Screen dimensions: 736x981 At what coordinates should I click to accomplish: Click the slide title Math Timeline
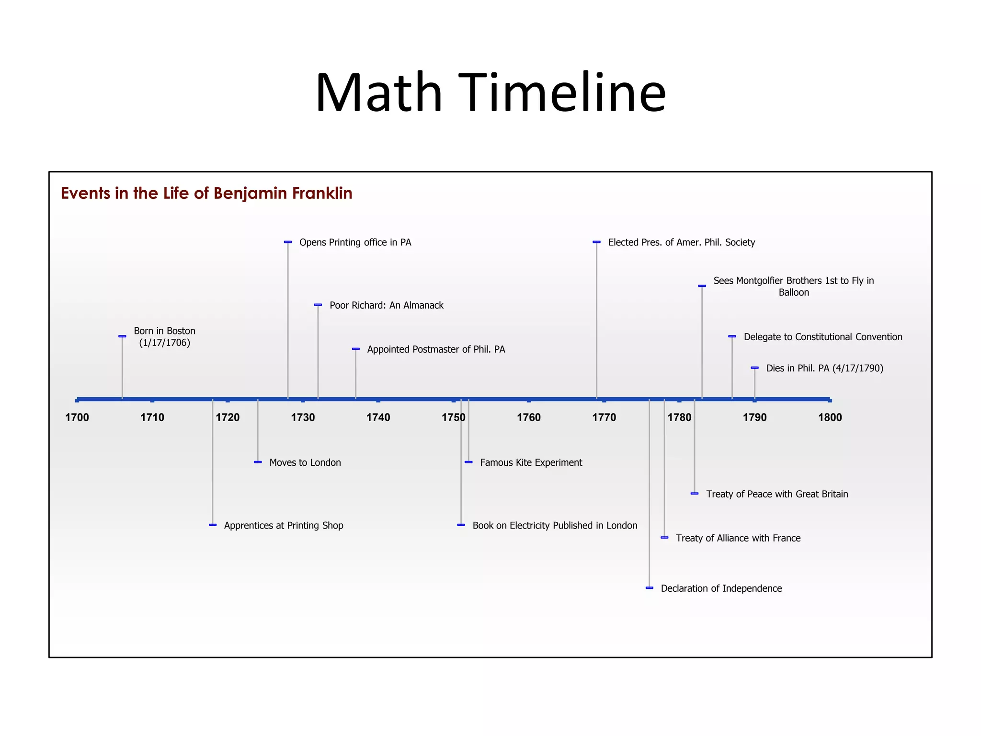pos(490,92)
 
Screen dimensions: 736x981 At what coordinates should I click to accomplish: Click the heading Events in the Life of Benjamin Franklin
pos(206,193)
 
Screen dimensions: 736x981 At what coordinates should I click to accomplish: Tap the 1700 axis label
pos(77,417)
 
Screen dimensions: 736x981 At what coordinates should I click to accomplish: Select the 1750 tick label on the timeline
pos(453,417)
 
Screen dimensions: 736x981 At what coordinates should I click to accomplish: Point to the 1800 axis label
pos(830,417)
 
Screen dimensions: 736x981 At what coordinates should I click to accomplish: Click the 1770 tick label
pos(604,417)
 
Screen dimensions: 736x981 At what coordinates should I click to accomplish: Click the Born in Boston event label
pos(164,336)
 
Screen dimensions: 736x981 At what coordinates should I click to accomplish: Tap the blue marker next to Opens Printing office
pos(288,242)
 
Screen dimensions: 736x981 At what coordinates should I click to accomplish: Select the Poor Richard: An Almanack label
pos(387,305)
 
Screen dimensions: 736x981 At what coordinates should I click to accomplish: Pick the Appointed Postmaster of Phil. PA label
pos(436,349)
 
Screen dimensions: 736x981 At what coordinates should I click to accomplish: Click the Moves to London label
pos(305,462)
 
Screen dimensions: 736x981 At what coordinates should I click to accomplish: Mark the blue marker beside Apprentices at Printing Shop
pos(213,525)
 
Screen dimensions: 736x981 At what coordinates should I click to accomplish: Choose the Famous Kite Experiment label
pos(531,462)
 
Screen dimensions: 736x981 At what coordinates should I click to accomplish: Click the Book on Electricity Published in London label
pos(555,526)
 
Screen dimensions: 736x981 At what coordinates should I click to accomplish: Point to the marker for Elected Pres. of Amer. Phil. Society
pos(596,242)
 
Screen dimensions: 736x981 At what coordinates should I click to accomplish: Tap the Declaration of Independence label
pos(721,588)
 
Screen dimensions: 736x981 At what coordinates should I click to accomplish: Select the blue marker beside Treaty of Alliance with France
pos(664,538)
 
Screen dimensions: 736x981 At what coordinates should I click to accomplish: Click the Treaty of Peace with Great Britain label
pos(777,494)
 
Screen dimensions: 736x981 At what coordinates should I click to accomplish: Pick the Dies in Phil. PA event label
pos(824,368)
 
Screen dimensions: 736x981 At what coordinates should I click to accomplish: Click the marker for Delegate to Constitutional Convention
pos(732,336)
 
